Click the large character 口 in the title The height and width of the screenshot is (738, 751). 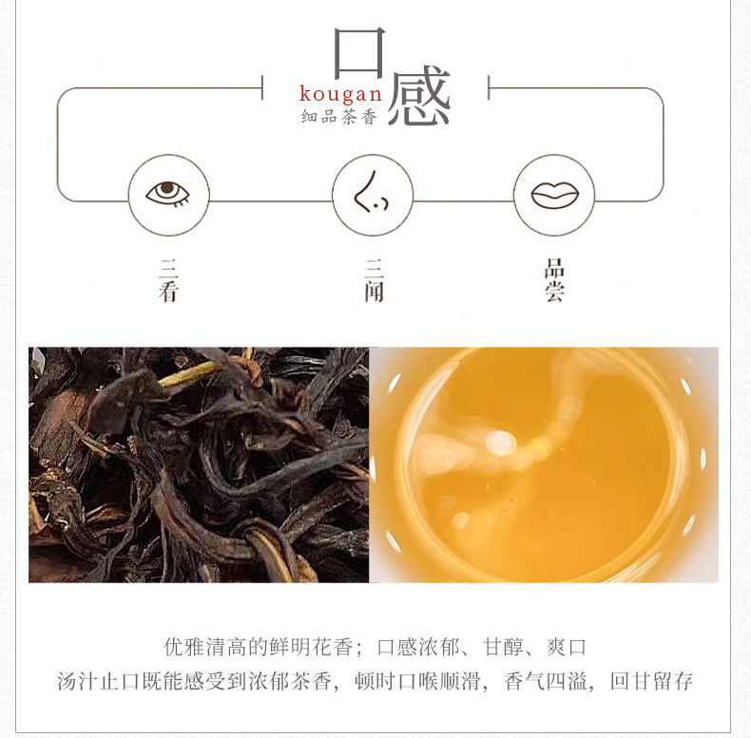(359, 52)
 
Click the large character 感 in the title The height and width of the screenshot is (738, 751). (419, 96)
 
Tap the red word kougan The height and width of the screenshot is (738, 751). (340, 94)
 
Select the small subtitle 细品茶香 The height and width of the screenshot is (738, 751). (339, 117)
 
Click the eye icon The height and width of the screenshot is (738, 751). (168, 194)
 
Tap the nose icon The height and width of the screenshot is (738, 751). (371, 193)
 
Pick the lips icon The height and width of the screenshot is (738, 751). (555, 195)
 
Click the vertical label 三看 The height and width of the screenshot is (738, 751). (168, 280)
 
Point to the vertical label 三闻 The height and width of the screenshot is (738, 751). (374, 280)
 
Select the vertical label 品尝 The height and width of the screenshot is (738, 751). (554, 280)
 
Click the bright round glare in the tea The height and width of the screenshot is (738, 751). (500, 442)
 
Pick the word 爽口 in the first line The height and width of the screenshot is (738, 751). (567, 647)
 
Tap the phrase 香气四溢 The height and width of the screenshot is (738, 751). (546, 681)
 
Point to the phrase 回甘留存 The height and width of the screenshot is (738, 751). (651, 681)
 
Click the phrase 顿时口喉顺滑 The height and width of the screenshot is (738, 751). (417, 681)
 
